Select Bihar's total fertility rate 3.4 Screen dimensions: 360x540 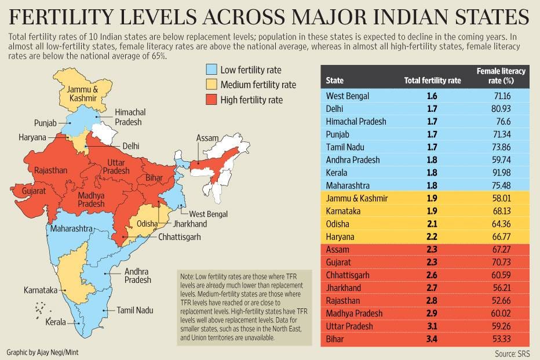coord(432,339)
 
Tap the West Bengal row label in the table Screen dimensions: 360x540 coord(348,96)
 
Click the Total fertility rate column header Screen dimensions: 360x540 coord(432,81)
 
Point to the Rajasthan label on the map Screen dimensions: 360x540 coord(51,170)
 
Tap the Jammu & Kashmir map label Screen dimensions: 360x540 coord(82,94)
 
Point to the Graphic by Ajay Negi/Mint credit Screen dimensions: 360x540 coord(43,352)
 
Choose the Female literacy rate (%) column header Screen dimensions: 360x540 coord(501,76)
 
